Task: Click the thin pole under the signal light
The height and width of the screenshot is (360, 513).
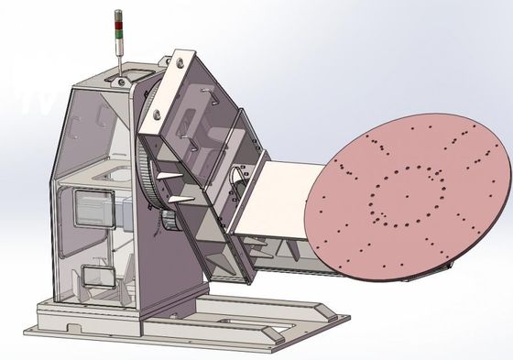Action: click(118, 57)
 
